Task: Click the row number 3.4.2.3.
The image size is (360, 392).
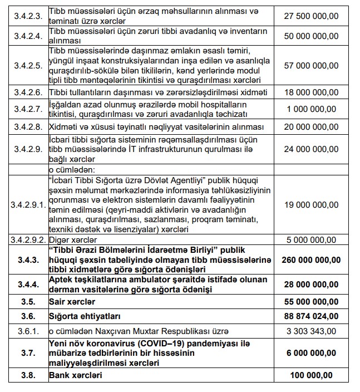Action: tap(27, 16)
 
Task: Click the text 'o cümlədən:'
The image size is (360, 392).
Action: tap(71, 168)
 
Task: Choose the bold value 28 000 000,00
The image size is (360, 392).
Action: tap(310, 285)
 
